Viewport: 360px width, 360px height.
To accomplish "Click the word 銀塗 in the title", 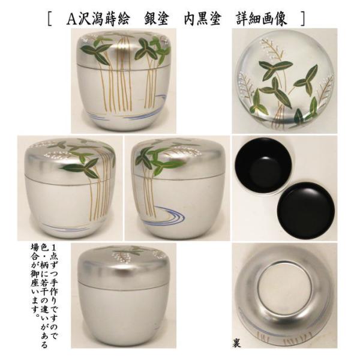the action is [157, 19].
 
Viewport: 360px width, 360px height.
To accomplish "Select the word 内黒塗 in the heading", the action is [203, 19].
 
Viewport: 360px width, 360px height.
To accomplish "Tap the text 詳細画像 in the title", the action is [262, 19].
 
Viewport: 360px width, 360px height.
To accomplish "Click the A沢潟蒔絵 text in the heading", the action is [98, 19].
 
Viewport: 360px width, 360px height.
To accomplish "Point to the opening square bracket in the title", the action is [50, 19].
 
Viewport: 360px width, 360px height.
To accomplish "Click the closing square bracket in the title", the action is [303, 19].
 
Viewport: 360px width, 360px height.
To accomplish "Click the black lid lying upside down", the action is [306, 211].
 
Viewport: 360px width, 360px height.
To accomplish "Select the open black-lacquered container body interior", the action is [263, 166].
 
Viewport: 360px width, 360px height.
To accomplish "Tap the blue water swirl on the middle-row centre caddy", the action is [166, 215].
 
